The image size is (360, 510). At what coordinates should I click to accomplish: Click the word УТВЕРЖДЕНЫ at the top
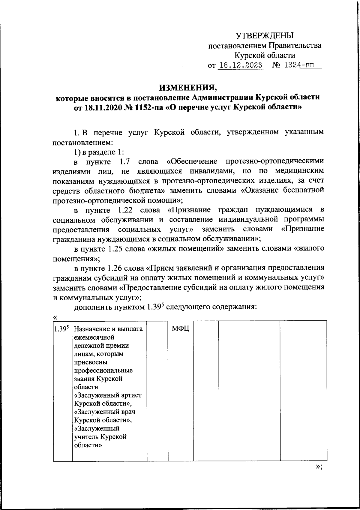pyautogui.click(x=265, y=36)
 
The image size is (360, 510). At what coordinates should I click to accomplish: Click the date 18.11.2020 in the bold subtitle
pyautogui.click(x=102, y=107)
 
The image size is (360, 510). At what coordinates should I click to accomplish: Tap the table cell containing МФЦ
pyautogui.click(x=180, y=329)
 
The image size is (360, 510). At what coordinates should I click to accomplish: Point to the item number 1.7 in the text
pyautogui.click(x=124, y=162)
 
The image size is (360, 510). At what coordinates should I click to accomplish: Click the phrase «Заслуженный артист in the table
pyautogui.click(x=108, y=395)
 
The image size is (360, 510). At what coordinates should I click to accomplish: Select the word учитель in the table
pyautogui.click(x=86, y=436)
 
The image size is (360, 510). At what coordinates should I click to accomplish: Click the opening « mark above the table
pyautogui.click(x=55, y=317)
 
